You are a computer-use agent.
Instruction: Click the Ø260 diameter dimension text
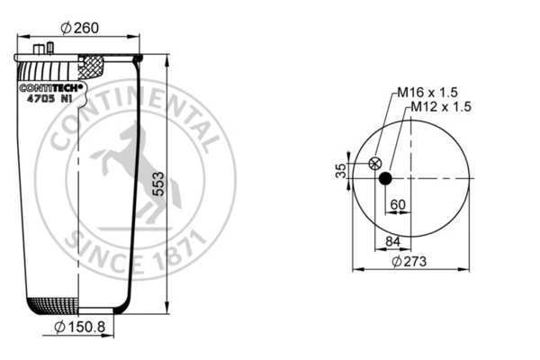79,28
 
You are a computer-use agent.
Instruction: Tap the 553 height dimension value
158,184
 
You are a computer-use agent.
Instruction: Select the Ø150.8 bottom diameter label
79,327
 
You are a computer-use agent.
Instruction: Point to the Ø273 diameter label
409,262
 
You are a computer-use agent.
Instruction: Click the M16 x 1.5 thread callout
427,93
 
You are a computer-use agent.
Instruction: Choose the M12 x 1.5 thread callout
441,107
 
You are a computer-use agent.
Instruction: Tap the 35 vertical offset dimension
340,170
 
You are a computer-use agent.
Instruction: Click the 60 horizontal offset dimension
398,204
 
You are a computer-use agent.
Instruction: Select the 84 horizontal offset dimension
392,241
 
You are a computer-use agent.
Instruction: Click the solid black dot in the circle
385,178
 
